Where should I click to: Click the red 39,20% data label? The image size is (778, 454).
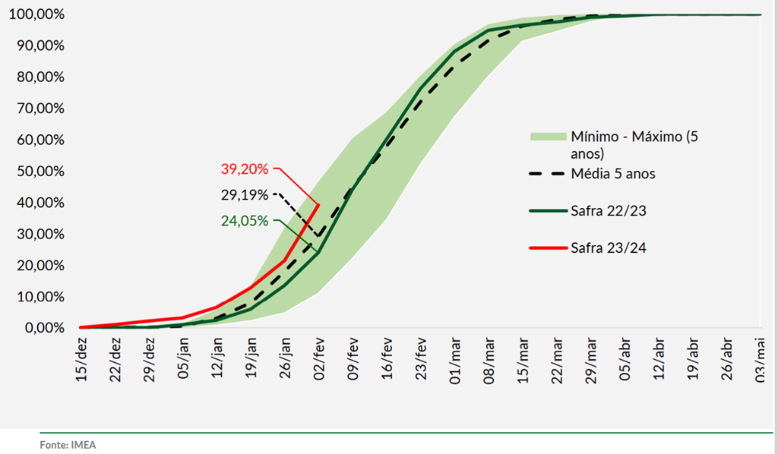pyautogui.click(x=245, y=169)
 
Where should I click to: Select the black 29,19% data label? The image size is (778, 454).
pyautogui.click(x=244, y=195)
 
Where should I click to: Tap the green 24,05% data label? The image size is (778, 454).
pyautogui.click(x=245, y=222)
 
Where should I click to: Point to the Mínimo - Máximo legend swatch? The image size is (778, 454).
pyautogui.click(x=547, y=137)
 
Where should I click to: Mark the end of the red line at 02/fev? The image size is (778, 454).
pyautogui.click(x=318, y=204)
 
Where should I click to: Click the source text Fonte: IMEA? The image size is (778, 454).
pyautogui.click(x=68, y=445)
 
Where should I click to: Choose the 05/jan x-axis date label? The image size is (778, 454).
pyautogui.click(x=184, y=360)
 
